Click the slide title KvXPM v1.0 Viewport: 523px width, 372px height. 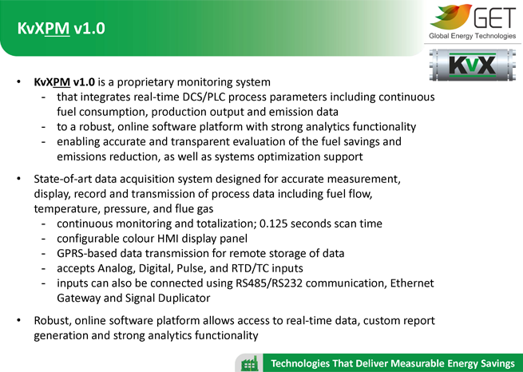click(61, 28)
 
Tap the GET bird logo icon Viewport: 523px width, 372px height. click(451, 16)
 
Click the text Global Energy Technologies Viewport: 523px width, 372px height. click(473, 36)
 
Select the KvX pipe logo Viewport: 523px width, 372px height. click(473, 65)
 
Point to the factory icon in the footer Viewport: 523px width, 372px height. click(250, 363)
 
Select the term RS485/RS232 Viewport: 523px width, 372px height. click(269, 283)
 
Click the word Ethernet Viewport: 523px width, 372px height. click(412, 283)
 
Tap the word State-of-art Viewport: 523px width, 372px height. click(63, 179)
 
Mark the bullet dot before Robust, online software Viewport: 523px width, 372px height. click(18, 321)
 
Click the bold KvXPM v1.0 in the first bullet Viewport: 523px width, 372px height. click(65, 82)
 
